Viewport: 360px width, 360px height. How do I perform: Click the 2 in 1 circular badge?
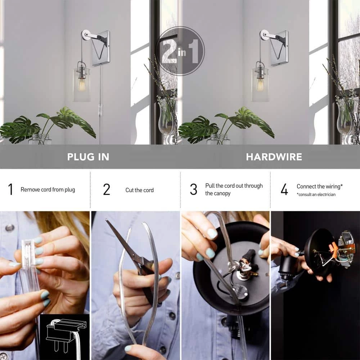pos(180,51)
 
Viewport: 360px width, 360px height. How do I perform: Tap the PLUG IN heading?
pos(88,157)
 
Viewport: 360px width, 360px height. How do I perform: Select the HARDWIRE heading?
pos(274,157)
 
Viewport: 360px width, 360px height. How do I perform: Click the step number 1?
pos(10,189)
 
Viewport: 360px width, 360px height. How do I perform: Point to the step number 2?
pos(107,189)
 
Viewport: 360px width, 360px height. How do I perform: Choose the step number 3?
pos(194,189)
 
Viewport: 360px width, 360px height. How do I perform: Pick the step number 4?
pos(284,189)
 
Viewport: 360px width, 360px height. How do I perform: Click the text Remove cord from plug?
pos(48,190)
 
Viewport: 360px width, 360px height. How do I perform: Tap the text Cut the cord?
pos(139,190)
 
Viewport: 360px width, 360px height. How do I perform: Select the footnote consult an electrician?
pos(316,195)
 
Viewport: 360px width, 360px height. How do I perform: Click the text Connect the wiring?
pos(319,186)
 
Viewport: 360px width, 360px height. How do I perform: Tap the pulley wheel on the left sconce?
pos(85,35)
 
